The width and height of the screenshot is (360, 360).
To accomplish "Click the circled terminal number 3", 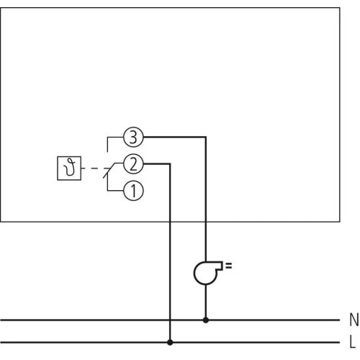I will (x=133, y=135).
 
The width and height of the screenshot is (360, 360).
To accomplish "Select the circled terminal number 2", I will (x=133, y=164).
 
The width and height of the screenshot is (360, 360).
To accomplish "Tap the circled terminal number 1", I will (x=133, y=192).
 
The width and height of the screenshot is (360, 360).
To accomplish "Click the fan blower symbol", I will (x=207, y=272).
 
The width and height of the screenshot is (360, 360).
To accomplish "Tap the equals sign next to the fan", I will (x=229, y=267).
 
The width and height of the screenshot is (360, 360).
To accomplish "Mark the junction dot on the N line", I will (x=207, y=319).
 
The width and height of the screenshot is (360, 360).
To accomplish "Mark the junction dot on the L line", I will (x=170, y=342).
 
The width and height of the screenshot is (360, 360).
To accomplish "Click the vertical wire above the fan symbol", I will (x=207, y=202).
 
